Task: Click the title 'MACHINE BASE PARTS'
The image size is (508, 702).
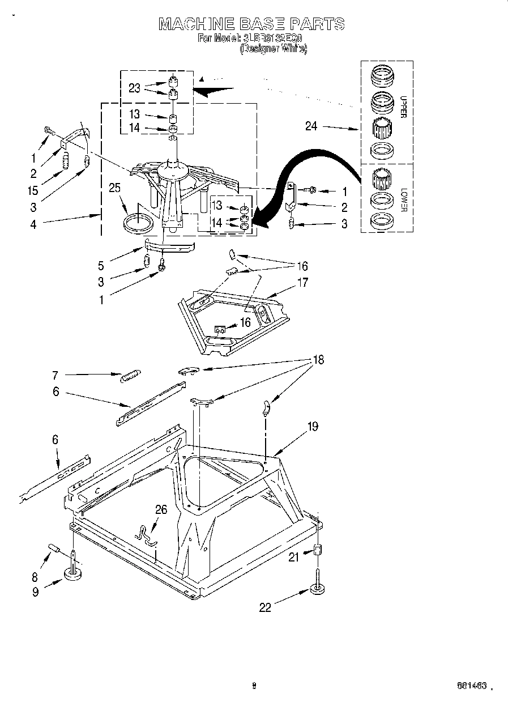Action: point(251,24)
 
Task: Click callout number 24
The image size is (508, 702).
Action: point(311,126)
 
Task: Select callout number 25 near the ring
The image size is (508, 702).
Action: point(115,188)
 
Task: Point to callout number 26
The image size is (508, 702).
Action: point(161,509)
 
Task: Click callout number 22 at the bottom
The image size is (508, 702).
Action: point(265,607)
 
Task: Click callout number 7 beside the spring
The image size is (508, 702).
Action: point(55,375)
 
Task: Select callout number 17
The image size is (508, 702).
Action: point(303,282)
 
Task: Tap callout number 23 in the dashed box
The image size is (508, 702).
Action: point(134,87)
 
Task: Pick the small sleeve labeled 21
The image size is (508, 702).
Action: point(318,550)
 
